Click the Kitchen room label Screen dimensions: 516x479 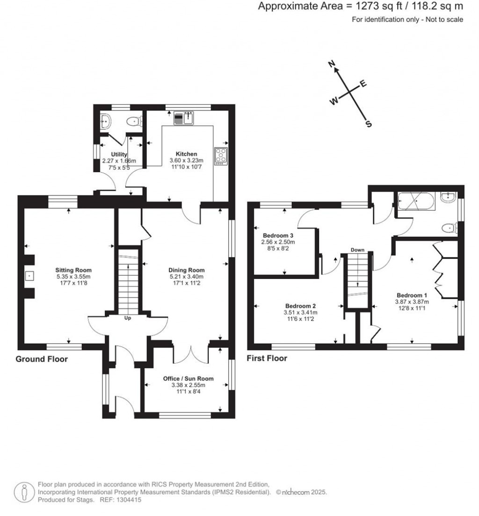[186, 154]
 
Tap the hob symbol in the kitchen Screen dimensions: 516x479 [220, 156]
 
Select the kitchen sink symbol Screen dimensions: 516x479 [184, 119]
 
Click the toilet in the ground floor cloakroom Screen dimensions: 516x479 [135, 122]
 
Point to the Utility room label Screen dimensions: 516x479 [119, 154]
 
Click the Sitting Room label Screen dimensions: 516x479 [73, 270]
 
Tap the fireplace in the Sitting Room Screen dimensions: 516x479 [29, 276]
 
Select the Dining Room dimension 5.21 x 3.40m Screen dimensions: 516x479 [187, 276]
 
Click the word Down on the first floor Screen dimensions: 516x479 [358, 250]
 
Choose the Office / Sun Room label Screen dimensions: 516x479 [188, 379]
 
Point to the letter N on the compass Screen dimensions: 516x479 [334, 65]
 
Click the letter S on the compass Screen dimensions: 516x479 [369, 124]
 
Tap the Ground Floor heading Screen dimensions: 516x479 [42, 359]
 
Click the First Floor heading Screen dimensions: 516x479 [267, 358]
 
